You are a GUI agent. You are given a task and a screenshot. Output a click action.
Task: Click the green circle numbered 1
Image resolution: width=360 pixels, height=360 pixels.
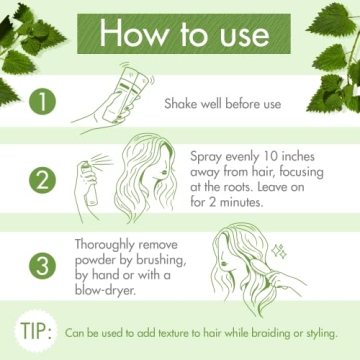(x=41, y=101)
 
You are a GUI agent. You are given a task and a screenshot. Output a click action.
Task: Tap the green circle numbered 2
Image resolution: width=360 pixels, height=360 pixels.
(x=41, y=181)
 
